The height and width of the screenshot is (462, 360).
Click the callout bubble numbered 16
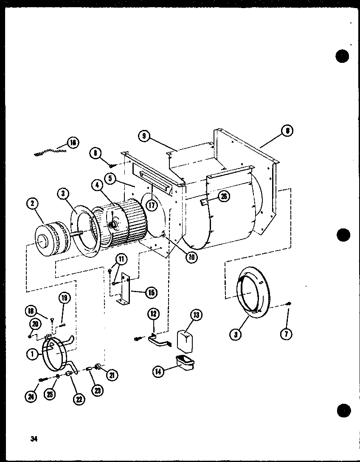pos(73,143)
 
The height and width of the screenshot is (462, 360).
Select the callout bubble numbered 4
pos(97,185)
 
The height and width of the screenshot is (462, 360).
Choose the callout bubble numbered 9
pos(144,136)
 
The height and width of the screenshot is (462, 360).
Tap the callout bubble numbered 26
pos(224,196)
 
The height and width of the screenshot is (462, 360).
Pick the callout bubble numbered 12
pos(154,314)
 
